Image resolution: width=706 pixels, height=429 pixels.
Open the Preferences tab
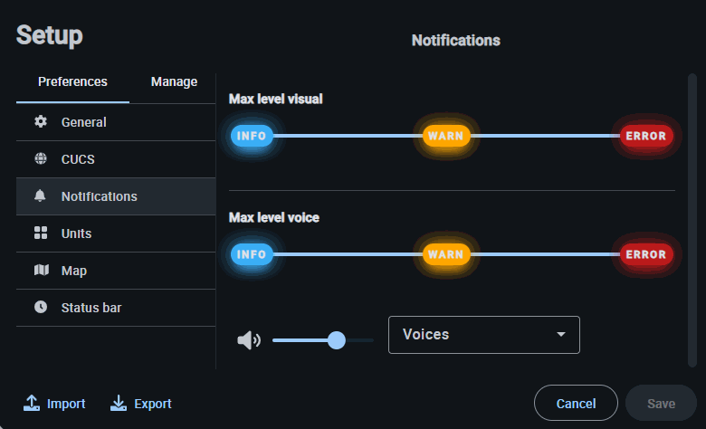tap(72, 81)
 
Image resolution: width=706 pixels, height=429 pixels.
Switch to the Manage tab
tap(174, 81)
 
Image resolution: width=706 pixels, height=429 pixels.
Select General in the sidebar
tap(83, 122)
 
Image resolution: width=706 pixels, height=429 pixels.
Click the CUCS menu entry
tap(78, 159)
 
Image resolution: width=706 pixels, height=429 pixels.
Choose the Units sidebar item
tap(76, 234)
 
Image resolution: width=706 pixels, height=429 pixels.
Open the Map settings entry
tap(74, 271)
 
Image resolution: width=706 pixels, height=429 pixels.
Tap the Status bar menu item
tap(91, 308)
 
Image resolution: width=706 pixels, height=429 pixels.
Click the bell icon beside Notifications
tap(40, 196)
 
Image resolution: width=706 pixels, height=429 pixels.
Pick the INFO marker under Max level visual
tap(252, 136)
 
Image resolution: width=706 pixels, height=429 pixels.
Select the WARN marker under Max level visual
tap(446, 136)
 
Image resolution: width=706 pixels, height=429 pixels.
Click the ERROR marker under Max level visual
tap(646, 136)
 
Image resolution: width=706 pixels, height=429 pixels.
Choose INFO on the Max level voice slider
tap(252, 254)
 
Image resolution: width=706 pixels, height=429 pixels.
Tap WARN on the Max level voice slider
tap(446, 254)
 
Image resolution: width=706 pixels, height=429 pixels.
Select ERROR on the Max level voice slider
tap(646, 254)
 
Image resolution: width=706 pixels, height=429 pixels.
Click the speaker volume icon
tap(248, 340)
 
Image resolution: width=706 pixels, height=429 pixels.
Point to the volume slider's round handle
tap(337, 340)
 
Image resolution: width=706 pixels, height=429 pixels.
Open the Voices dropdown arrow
tap(561, 335)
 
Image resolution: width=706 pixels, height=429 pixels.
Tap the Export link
tap(141, 404)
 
